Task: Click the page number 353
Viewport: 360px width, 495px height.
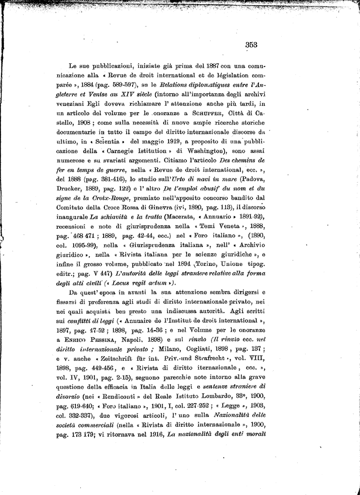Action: pos(251,44)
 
